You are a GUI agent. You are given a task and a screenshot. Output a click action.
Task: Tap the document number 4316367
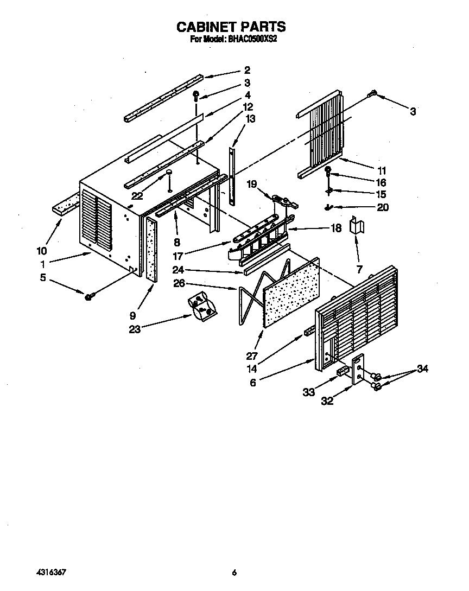click(53, 573)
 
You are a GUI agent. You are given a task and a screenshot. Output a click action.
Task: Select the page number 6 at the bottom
click(234, 573)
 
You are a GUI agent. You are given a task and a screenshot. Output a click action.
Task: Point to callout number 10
click(41, 251)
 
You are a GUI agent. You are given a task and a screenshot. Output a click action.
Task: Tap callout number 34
click(422, 369)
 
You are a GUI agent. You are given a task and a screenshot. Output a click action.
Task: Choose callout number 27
click(252, 356)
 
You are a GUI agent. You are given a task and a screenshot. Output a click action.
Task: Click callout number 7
click(358, 269)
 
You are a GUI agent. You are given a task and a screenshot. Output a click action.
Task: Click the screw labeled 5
click(88, 296)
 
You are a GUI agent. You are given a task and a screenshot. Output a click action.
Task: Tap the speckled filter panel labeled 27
click(290, 293)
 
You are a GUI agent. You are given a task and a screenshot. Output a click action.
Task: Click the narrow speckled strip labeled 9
click(150, 247)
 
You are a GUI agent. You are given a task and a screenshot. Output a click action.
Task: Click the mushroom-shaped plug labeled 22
click(169, 175)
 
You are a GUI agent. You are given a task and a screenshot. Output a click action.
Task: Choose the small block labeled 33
click(341, 371)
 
